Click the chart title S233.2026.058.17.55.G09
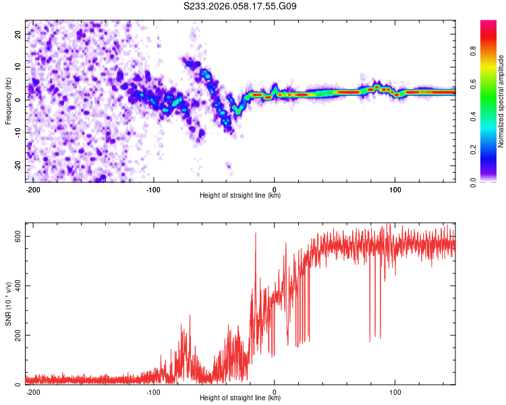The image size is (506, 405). [x=240, y=6]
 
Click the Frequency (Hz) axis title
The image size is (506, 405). [x=8, y=101]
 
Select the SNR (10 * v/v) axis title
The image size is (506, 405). [x=8, y=307]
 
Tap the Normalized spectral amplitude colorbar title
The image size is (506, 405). [x=501, y=101]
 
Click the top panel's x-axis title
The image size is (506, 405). [x=240, y=195]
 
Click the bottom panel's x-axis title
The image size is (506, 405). [x=240, y=398]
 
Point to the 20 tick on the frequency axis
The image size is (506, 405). [x=18, y=33]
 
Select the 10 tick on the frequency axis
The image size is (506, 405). [x=18, y=66]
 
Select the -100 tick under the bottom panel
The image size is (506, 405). [x=153, y=391]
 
